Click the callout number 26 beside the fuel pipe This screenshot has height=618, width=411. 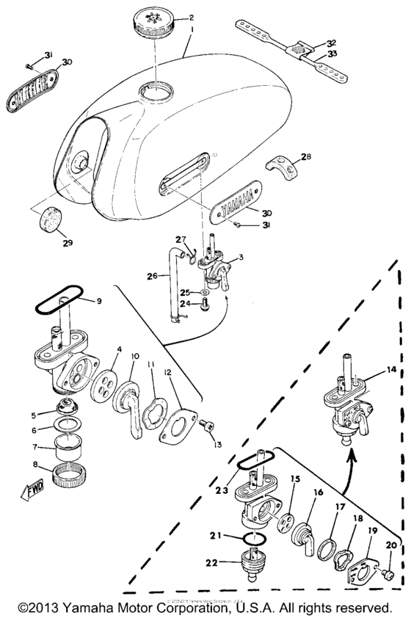point(153,277)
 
